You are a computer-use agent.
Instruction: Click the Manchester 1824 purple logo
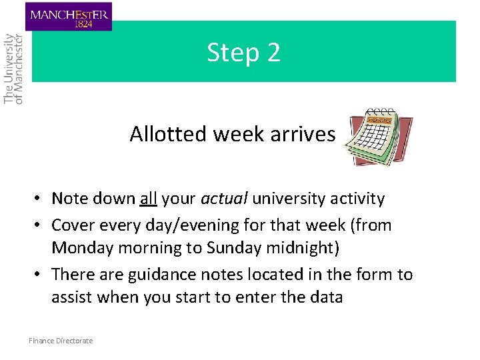(x=69, y=17)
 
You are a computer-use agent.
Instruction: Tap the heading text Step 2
(x=243, y=52)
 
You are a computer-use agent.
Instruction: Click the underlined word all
(x=148, y=199)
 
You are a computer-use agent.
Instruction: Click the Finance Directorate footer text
(x=61, y=341)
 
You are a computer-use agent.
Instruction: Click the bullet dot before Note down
(x=41, y=199)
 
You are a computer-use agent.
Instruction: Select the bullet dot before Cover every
(x=41, y=225)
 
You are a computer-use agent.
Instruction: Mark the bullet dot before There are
(x=41, y=275)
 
